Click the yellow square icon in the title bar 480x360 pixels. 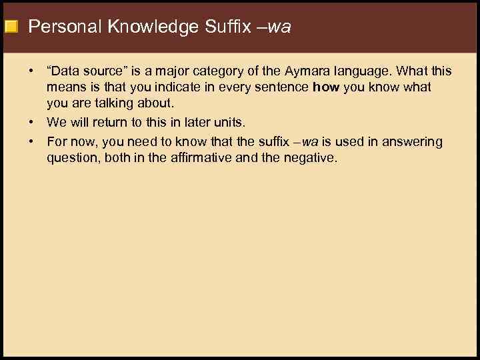point(10,27)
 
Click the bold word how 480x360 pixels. point(326,87)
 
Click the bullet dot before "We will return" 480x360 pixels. point(31,123)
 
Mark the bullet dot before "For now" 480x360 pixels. point(31,142)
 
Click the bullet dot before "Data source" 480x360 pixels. point(31,71)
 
